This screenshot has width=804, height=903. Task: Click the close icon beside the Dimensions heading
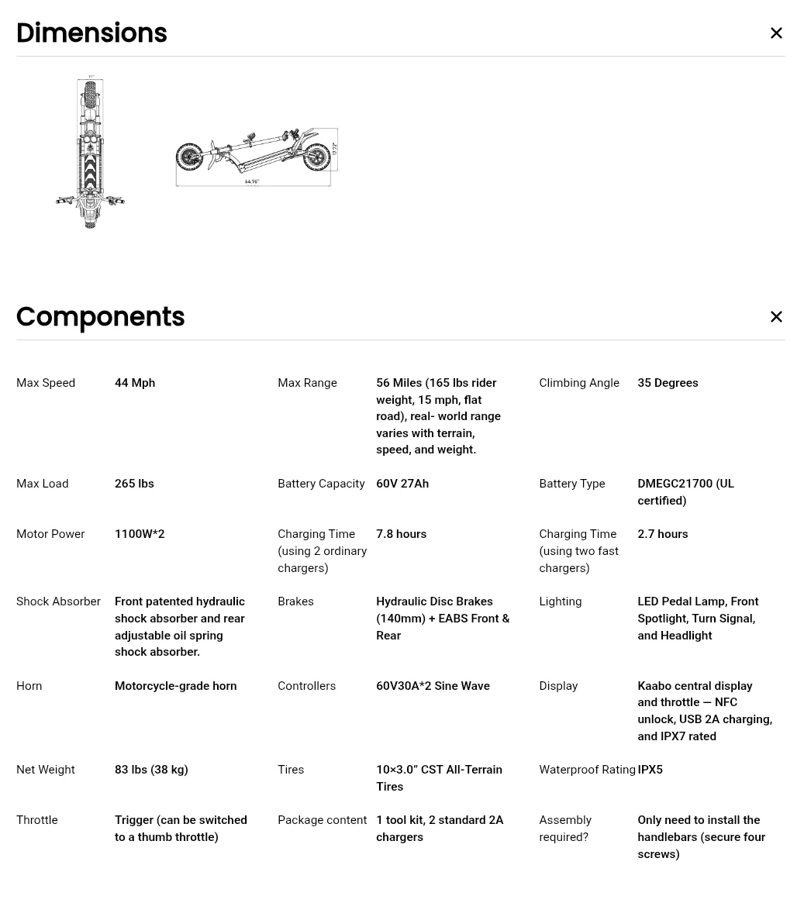[x=776, y=33]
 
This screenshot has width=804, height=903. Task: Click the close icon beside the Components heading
[x=776, y=317]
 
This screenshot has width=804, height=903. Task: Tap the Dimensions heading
[x=91, y=33]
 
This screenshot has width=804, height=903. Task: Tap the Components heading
[x=100, y=317]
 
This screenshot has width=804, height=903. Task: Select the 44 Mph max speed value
[x=135, y=383]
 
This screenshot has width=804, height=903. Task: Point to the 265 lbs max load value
[x=134, y=484]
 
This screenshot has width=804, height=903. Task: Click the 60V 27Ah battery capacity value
[x=402, y=484]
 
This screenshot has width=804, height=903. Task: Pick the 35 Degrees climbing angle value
[x=668, y=383]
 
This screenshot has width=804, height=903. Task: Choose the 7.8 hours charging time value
[x=401, y=534]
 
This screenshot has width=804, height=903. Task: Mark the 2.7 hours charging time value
[x=662, y=534]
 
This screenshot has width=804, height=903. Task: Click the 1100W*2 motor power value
[x=140, y=534]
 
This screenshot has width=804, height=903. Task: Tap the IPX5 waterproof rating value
[x=650, y=770]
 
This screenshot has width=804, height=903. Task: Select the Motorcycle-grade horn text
[x=175, y=686]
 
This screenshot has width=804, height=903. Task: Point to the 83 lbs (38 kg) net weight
[x=151, y=770]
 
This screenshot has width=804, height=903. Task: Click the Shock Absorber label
[x=58, y=601]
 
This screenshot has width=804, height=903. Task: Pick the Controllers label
[x=306, y=686]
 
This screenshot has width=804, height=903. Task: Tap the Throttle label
[x=36, y=820]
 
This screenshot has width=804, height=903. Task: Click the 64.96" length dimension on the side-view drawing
[x=252, y=182]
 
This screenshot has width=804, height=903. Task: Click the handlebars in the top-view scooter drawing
[x=90, y=202]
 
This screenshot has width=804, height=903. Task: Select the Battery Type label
[x=571, y=484]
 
